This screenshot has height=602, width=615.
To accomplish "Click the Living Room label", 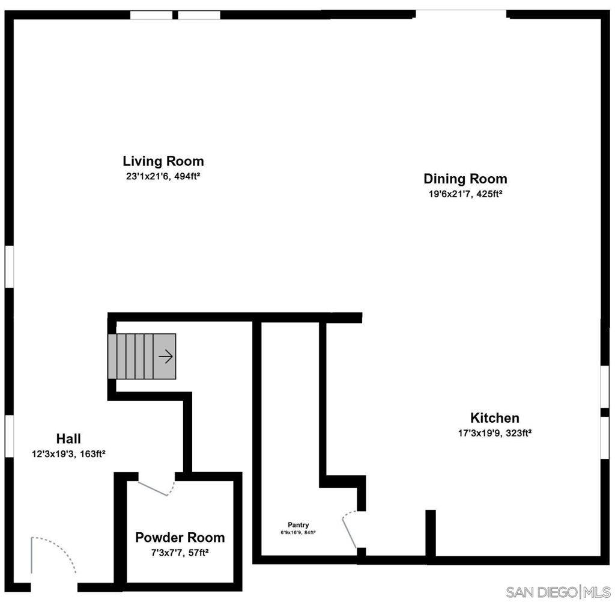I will tap(163, 161).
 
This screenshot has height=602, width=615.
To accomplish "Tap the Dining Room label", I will tap(465, 179).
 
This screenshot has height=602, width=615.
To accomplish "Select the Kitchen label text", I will tap(494, 418).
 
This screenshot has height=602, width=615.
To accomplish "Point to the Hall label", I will tap(68, 438).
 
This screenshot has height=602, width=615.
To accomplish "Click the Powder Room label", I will tap(180, 537).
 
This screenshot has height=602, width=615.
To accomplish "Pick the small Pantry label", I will tap(298, 525).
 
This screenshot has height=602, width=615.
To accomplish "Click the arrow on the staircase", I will tap(166, 357).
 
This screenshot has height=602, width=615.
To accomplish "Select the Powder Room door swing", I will tap(156, 486).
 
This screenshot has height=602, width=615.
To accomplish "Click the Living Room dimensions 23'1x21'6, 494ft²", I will tap(163, 176).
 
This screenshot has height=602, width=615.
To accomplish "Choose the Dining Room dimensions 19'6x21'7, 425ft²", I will tap(465, 194).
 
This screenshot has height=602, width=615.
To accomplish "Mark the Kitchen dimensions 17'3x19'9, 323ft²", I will tap(494, 432).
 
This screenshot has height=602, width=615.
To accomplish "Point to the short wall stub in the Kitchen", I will tap(430, 533).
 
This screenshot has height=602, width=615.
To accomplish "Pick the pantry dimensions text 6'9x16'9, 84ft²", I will tap(298, 532).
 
